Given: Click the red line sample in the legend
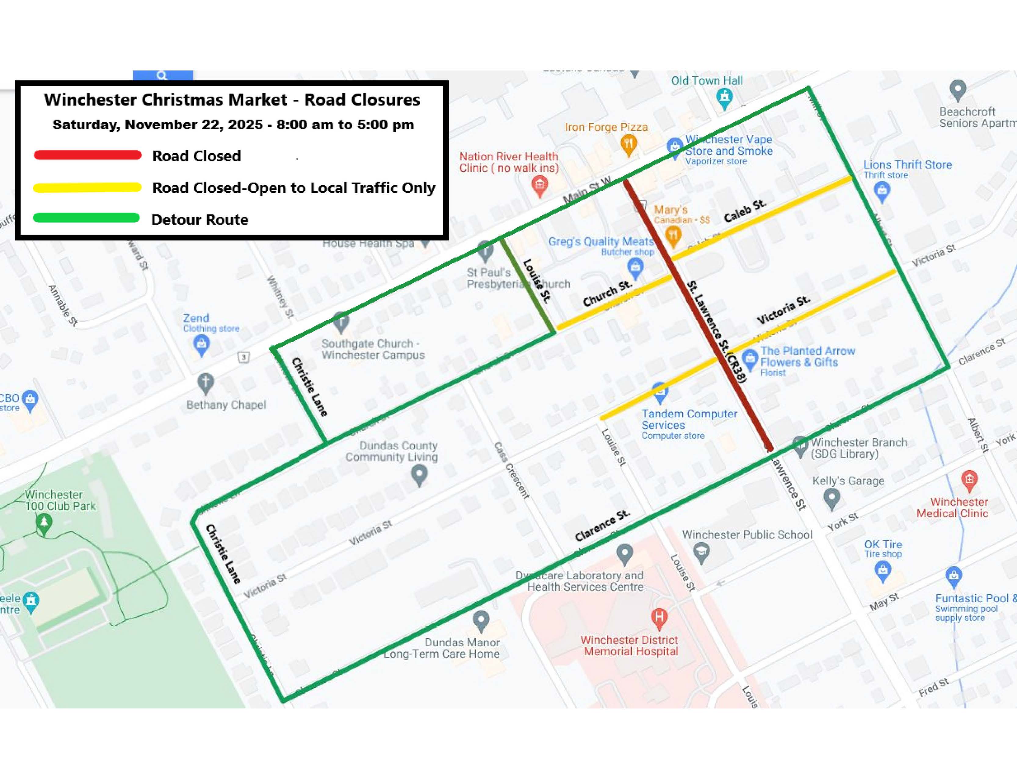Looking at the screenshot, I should (x=88, y=155).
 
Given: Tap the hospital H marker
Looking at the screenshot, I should (x=659, y=616).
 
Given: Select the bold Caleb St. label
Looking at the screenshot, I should (x=745, y=211).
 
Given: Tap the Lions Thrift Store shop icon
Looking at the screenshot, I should (x=882, y=190).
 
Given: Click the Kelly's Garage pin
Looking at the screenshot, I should (x=832, y=499).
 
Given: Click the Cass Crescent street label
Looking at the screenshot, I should (x=512, y=470).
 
